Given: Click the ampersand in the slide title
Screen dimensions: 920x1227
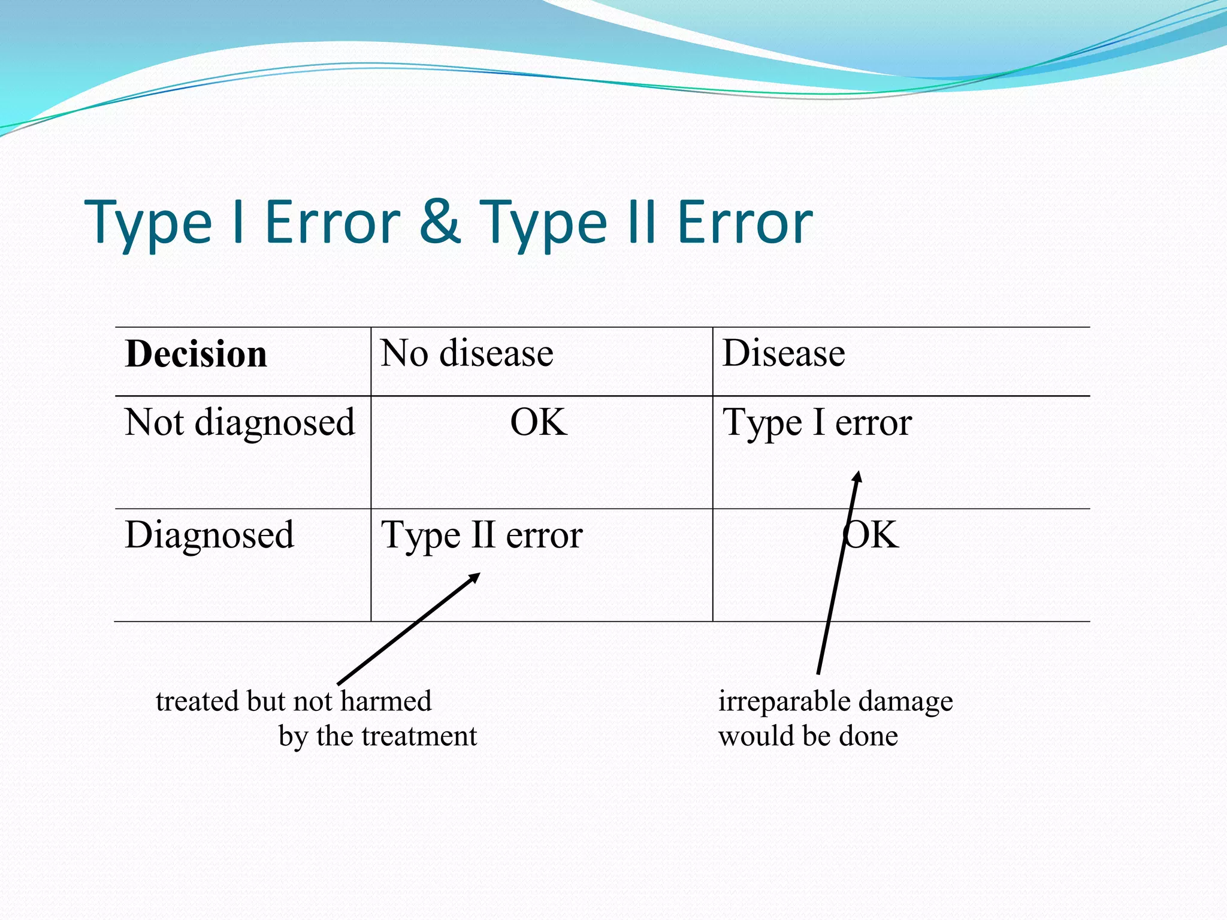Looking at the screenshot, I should click(x=440, y=222).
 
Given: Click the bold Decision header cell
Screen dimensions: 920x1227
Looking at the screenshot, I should click(x=196, y=354).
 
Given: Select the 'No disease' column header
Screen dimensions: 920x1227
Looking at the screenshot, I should click(x=467, y=353).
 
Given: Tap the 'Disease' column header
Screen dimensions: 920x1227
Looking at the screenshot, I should click(x=784, y=353).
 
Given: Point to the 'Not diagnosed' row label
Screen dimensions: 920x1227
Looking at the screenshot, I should click(x=240, y=423).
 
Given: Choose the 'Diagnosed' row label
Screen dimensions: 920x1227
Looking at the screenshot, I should click(x=209, y=535).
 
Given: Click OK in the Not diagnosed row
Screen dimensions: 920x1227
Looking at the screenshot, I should click(x=539, y=422).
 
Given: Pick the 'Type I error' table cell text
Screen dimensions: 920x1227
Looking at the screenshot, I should click(x=817, y=423).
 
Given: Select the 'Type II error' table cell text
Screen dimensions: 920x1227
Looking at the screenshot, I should click(x=482, y=535).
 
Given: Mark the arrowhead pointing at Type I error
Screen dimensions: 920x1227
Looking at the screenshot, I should click(x=859, y=475).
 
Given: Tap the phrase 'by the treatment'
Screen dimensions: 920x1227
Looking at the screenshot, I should click(x=377, y=736).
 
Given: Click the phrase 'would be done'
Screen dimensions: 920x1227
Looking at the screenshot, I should click(x=808, y=736).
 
